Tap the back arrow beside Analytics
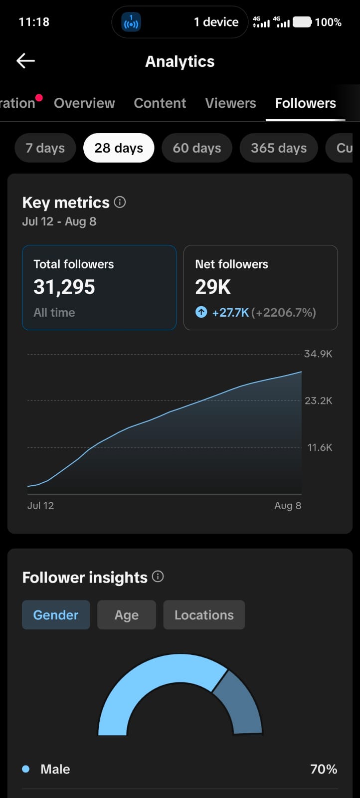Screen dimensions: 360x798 25,60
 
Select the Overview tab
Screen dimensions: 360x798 84,103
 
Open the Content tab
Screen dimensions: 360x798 160,103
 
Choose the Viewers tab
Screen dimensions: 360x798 230,103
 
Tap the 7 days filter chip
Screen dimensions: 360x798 45,148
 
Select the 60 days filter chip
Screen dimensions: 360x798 197,148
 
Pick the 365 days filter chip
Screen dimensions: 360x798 278,148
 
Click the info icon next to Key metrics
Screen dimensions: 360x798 120,202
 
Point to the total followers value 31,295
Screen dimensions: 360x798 64,287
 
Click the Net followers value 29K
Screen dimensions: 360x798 213,287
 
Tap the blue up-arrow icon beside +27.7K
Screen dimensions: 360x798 201,312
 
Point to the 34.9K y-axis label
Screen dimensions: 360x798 318,354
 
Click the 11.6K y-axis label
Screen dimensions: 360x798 320,447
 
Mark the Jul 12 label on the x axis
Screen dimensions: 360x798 40,506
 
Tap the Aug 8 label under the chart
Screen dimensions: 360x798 288,506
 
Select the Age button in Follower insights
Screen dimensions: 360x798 127,615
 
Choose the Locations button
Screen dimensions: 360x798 204,615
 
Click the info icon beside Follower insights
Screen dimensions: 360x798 158,577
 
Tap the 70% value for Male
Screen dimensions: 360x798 323,769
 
